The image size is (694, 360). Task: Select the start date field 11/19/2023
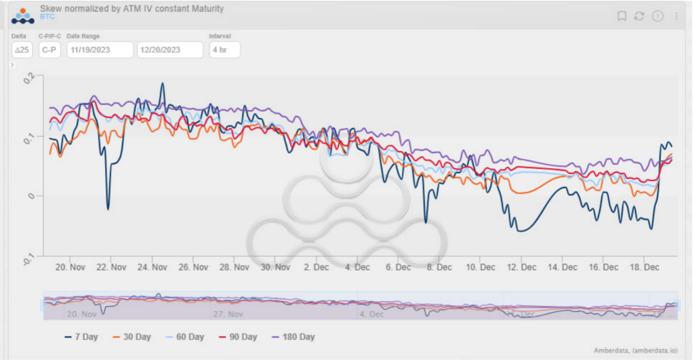100,50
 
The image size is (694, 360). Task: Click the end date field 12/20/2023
169,50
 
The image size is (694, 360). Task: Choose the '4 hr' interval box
224,50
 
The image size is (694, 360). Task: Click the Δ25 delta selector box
22,50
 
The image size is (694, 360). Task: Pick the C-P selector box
49,50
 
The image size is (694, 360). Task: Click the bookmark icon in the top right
621,16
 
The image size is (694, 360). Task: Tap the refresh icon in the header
638,16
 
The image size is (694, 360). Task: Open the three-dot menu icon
676,16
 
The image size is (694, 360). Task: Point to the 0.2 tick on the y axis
28,78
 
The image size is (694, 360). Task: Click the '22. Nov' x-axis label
112,267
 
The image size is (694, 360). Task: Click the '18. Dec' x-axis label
645,267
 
